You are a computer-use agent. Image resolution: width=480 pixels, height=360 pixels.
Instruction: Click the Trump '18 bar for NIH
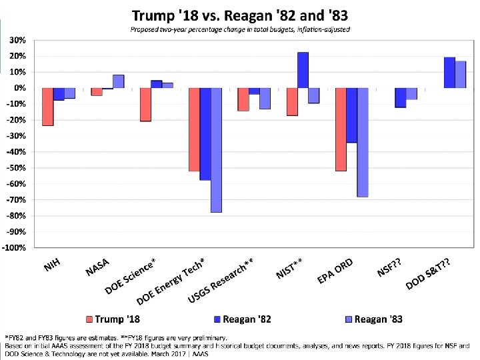point(48,107)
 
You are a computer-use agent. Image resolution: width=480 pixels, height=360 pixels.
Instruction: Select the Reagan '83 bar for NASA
point(119,81)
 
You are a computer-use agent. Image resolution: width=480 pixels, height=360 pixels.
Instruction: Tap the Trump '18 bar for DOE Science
point(145,105)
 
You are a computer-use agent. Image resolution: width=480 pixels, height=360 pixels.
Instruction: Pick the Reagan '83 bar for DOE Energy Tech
point(217,150)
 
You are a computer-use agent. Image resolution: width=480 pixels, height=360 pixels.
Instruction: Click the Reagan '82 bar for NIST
point(303,70)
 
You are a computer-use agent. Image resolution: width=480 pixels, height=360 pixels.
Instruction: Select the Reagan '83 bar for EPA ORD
point(363,143)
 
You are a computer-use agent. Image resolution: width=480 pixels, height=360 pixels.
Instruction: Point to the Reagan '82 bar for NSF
point(401,97)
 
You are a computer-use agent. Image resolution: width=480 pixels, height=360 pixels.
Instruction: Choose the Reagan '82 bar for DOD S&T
point(449,73)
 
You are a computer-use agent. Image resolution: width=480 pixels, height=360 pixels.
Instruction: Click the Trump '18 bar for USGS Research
point(243,99)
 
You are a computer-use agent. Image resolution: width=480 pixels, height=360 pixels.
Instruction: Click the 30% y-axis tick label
point(18,40)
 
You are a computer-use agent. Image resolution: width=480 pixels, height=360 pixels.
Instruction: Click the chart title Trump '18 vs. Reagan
point(240,15)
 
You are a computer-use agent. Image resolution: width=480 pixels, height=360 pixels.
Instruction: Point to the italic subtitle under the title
point(240,29)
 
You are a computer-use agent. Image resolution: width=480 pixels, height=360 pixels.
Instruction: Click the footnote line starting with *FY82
point(117,337)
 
